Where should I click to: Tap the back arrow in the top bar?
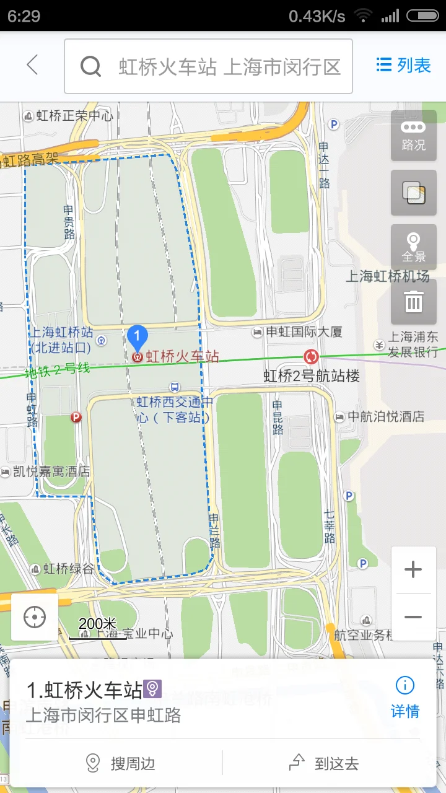click(x=32, y=65)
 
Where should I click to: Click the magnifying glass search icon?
click(x=91, y=66)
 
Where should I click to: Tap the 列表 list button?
click(x=403, y=65)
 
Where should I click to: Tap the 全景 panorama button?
click(x=413, y=247)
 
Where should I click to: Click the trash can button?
click(x=413, y=302)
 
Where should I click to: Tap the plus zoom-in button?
click(x=413, y=569)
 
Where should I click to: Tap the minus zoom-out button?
click(x=413, y=617)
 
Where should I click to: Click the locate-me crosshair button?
click(x=35, y=617)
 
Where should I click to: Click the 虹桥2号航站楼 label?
click(x=312, y=375)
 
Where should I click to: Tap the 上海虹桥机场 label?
click(x=387, y=276)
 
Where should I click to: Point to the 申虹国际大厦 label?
click(x=304, y=332)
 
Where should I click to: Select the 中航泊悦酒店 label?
click(x=386, y=416)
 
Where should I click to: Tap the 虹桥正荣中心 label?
click(x=74, y=115)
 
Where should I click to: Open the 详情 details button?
click(x=405, y=697)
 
